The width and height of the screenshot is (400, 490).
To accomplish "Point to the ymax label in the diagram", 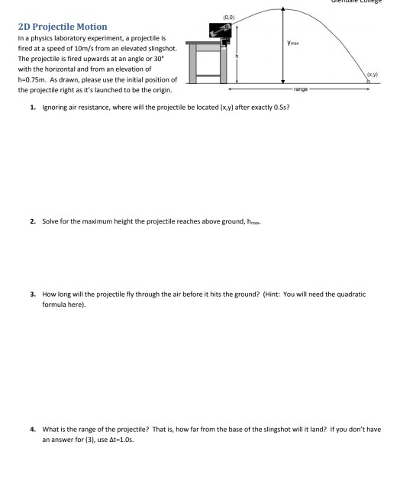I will click(293, 44).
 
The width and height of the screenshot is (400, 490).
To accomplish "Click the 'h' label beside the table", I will click(237, 56).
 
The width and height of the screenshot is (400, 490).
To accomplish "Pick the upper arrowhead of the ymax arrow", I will click(284, 10).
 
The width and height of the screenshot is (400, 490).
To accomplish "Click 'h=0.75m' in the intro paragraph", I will click(36, 81).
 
